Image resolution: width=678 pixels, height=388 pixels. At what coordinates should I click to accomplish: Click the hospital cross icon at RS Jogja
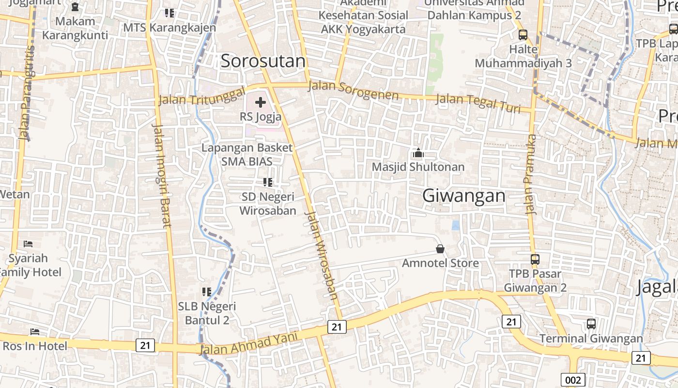[x=261, y=102]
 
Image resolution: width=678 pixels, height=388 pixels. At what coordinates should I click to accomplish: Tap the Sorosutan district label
[x=263, y=61]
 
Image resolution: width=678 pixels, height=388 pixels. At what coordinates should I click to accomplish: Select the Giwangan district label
[x=463, y=196]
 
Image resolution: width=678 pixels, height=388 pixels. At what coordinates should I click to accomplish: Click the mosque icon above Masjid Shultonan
[x=418, y=153]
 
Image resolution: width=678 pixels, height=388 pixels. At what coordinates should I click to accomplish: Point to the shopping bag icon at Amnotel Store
[x=440, y=249]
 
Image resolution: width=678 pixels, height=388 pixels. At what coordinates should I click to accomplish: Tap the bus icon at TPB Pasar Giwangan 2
[x=535, y=259]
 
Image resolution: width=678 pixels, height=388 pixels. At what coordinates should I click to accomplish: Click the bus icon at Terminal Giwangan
[x=591, y=324]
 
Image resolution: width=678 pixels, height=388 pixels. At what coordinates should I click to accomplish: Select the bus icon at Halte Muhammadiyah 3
[x=523, y=34]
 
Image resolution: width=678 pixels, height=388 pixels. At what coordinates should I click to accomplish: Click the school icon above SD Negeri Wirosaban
[x=267, y=182]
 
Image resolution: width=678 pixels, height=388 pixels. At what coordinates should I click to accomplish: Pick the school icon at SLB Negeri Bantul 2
[x=207, y=292]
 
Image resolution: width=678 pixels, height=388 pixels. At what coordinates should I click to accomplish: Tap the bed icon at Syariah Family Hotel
[x=28, y=243]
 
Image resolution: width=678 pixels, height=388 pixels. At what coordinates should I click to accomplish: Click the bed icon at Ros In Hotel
[x=35, y=332]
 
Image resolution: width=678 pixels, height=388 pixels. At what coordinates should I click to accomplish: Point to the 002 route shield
[x=573, y=380]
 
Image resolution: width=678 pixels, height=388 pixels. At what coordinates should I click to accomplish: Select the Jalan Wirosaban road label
[x=321, y=256]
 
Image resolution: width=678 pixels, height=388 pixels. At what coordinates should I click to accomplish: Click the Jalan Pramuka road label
[x=531, y=175]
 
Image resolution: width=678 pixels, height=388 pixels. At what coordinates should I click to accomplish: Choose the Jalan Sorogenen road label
[x=353, y=90]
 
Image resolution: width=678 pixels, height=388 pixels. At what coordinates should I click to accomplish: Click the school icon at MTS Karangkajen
[x=169, y=13]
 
